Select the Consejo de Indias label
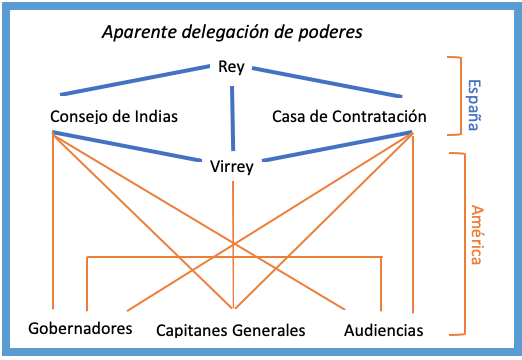click(114, 117)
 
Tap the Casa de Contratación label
click(349, 117)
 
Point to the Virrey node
click(233, 166)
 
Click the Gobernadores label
click(80, 328)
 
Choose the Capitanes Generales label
click(231, 330)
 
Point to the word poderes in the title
click(330, 31)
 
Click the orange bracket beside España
click(456, 95)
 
